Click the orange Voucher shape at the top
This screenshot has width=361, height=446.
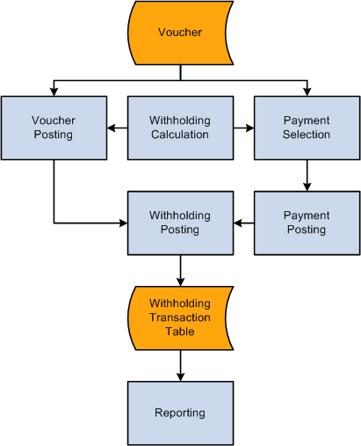coord(180,33)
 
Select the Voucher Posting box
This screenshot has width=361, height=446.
coord(54,128)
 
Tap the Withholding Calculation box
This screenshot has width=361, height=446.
coord(180,128)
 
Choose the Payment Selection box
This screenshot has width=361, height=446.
coord(307,128)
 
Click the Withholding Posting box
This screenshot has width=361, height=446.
coord(180,223)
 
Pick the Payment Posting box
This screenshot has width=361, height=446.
coord(307,223)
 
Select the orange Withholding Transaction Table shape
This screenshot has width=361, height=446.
coord(180,318)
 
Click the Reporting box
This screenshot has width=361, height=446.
coord(180,413)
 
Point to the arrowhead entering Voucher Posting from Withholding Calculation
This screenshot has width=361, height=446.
coord(111,128)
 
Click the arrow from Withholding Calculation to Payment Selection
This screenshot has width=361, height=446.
coord(244,128)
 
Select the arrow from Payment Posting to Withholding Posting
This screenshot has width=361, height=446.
coord(243,223)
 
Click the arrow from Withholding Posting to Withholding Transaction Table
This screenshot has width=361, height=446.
coord(180,271)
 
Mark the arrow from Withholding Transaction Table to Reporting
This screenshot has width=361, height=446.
coord(180,366)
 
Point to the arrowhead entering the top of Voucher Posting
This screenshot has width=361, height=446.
coord(54,91)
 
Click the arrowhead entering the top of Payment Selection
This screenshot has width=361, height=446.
coord(307,91)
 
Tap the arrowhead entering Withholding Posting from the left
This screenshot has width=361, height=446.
coord(123,223)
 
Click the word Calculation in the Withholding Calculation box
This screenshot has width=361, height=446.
coord(180,135)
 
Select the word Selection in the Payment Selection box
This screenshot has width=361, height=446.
coord(307,135)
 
